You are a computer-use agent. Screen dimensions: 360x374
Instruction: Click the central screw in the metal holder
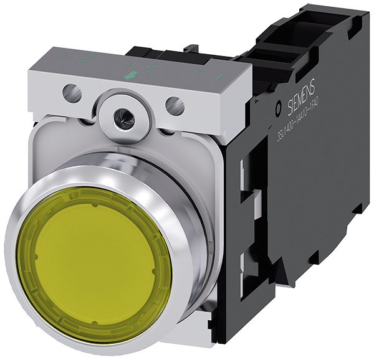point(125,117)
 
